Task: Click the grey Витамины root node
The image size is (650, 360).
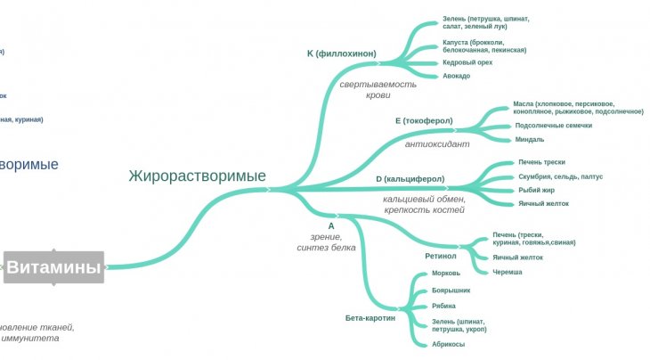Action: [x=54, y=266]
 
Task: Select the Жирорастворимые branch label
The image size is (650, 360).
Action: [x=197, y=176]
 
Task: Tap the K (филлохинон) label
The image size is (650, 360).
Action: [x=341, y=53]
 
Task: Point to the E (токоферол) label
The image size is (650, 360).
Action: [x=424, y=120]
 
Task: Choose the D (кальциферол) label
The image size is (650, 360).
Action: [x=410, y=179]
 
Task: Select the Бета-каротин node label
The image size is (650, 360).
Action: [x=370, y=317]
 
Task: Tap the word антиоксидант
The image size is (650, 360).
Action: [x=436, y=143]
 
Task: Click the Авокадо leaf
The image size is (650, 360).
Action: [x=456, y=76]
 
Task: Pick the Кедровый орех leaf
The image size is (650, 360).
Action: [x=468, y=62]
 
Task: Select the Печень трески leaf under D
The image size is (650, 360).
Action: [x=541, y=162]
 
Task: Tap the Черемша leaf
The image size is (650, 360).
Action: [x=507, y=272]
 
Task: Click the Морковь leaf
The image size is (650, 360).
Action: [x=445, y=274]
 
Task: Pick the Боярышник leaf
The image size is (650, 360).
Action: [x=451, y=290]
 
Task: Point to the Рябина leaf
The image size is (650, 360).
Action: [x=443, y=307]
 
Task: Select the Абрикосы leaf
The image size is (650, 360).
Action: [x=449, y=344]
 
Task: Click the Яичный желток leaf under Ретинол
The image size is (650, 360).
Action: [x=517, y=258]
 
